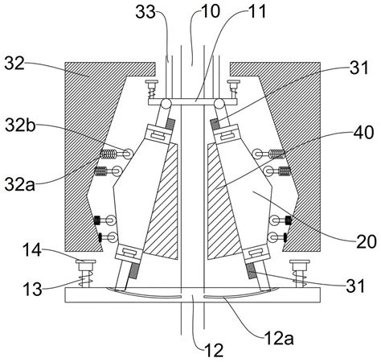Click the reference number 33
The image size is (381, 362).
click(145, 12)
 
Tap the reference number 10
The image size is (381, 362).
click(211, 11)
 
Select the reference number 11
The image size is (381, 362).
click(257, 11)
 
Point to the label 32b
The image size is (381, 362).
click(20, 125)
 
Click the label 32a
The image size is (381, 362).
click(20, 184)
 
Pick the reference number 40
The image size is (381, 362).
click(363, 133)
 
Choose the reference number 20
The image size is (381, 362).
click(367, 241)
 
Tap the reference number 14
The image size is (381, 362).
click(32, 250)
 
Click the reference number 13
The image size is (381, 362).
click(33, 290)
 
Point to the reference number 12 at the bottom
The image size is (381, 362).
click(214, 350)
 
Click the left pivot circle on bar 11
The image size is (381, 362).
click(166, 103)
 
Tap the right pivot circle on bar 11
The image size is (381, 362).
click(219, 103)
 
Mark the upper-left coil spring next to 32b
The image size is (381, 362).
click(109, 154)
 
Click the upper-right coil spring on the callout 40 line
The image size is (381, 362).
click(277, 154)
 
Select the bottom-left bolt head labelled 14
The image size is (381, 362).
click(86, 261)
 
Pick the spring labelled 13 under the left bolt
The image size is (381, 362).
click(85, 279)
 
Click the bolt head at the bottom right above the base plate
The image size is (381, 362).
click(300, 261)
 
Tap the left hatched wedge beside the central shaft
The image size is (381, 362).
click(163, 201)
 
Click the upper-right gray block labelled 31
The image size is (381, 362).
click(214, 124)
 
